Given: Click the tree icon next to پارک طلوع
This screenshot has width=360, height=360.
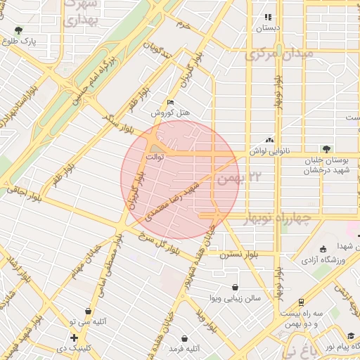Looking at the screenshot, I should pos(18,30).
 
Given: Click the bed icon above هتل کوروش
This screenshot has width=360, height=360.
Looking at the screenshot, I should pos(171,102).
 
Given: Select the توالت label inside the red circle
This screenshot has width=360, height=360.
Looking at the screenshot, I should pos(155,157).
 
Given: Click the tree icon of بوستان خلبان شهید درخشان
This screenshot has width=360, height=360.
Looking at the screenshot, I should pos(325,148).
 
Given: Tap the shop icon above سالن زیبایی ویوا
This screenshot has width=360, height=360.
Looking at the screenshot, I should pos(235,287).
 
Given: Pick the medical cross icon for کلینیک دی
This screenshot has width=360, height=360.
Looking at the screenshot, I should pos(73,338).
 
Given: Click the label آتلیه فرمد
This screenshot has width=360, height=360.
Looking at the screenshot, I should pos(186,348).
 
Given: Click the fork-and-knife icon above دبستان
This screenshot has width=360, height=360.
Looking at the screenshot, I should pos(267,17).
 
